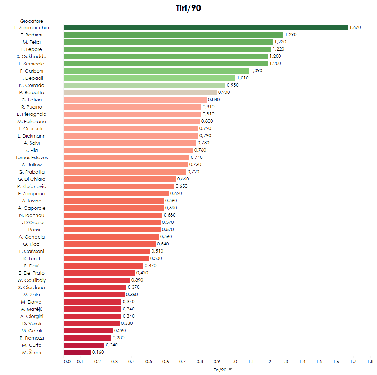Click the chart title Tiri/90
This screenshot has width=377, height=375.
click(188, 9)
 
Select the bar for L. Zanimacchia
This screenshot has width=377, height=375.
click(206, 27)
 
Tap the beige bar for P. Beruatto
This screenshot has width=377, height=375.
click(140, 92)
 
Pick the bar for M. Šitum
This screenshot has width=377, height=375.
click(77, 352)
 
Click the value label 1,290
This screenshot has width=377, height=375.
click(291, 35)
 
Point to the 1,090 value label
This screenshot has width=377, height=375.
click(256, 71)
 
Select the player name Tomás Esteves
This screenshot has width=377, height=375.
click(32, 157)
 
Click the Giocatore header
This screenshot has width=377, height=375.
click(32, 21)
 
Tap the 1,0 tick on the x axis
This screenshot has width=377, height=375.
click(234, 361)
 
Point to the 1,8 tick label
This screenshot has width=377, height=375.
click(370, 361)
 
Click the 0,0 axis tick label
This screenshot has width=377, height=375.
click(67, 361)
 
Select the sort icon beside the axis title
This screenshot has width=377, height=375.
click(230, 369)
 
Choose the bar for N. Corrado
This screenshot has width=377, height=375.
click(144, 85)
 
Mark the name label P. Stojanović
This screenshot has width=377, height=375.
click(32, 186)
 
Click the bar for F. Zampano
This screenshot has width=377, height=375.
click(116, 193)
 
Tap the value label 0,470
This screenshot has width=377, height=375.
click(151, 266)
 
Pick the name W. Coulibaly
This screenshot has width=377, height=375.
click(32, 280)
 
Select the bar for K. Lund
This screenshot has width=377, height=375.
click(106, 258)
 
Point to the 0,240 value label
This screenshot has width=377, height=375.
click(112, 345)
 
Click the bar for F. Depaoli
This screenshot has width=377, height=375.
click(149, 78)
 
